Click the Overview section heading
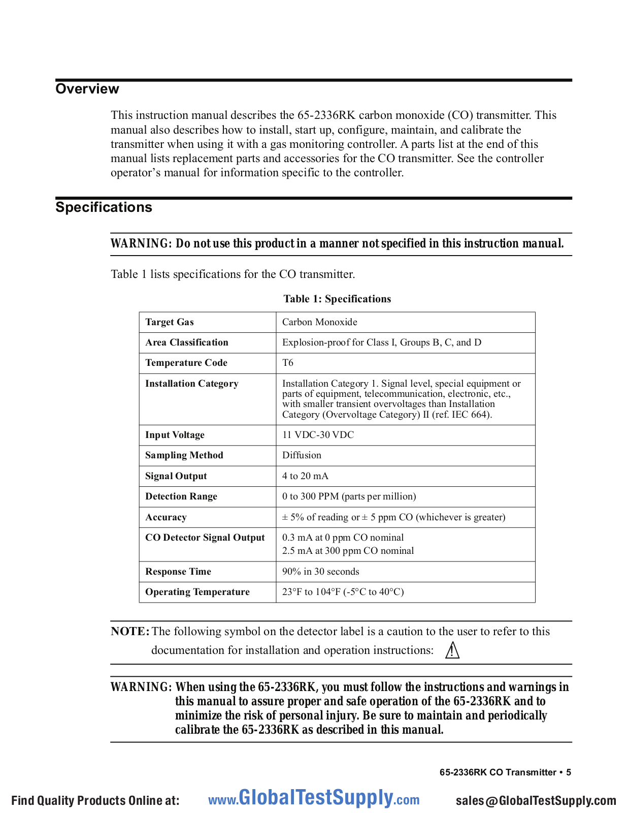(x=87, y=89)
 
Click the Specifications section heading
(x=104, y=207)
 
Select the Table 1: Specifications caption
(x=337, y=299)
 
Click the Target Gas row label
(x=170, y=322)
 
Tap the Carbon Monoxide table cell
(x=320, y=322)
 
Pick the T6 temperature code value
(x=288, y=363)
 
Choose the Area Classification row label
(x=187, y=342)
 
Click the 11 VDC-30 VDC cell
(x=318, y=435)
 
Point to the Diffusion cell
(x=302, y=455)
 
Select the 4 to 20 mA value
(x=305, y=476)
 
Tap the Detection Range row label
(x=181, y=496)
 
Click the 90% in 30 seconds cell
(x=321, y=572)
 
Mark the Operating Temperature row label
(x=197, y=592)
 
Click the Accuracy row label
(x=166, y=517)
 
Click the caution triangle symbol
(x=452, y=650)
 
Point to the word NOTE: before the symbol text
(x=130, y=632)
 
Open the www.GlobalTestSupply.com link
(x=314, y=799)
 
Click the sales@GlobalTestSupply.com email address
(x=536, y=801)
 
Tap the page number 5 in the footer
(x=569, y=772)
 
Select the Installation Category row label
(x=192, y=384)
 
